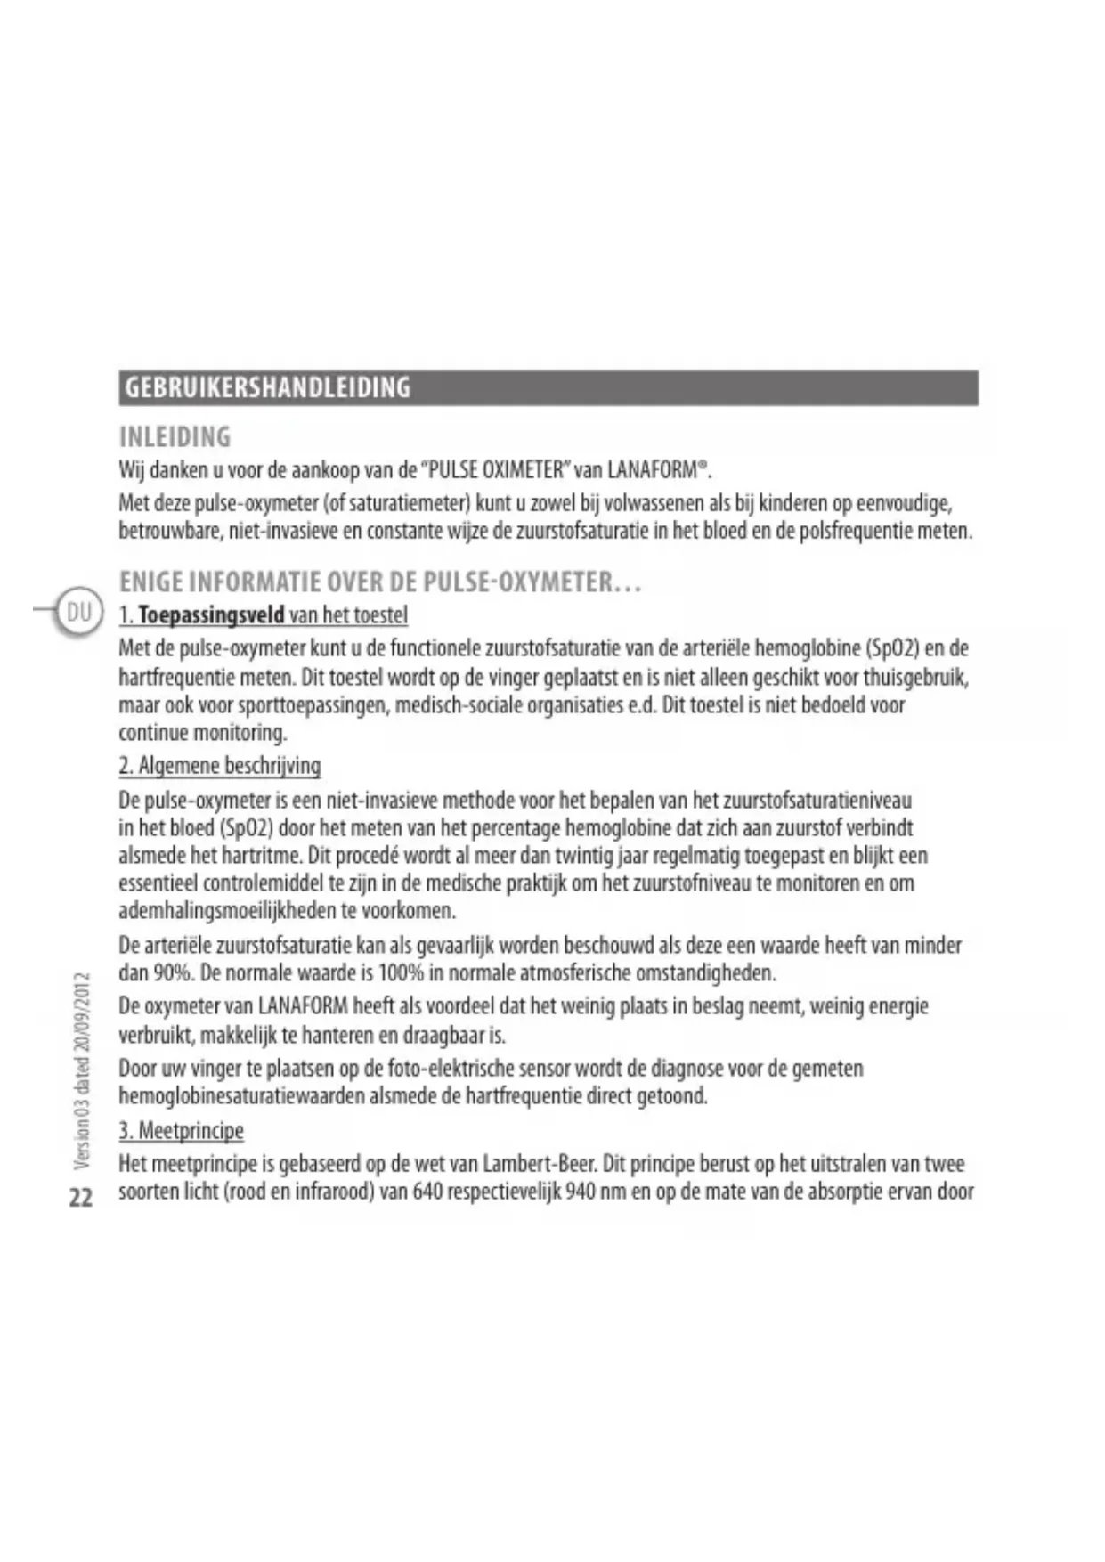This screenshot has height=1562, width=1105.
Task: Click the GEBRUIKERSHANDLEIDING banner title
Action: [x=267, y=388]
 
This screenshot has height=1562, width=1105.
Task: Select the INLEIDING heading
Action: [x=175, y=437]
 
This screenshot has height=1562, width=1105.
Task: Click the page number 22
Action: [x=81, y=1197]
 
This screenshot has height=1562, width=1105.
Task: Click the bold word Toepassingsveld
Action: [x=211, y=615]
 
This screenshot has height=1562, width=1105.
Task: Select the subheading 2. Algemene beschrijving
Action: [x=219, y=766]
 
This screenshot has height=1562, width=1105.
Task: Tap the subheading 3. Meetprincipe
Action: [x=181, y=1131]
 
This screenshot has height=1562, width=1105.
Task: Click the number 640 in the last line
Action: [x=427, y=1192]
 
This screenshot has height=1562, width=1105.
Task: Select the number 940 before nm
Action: [x=580, y=1192]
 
